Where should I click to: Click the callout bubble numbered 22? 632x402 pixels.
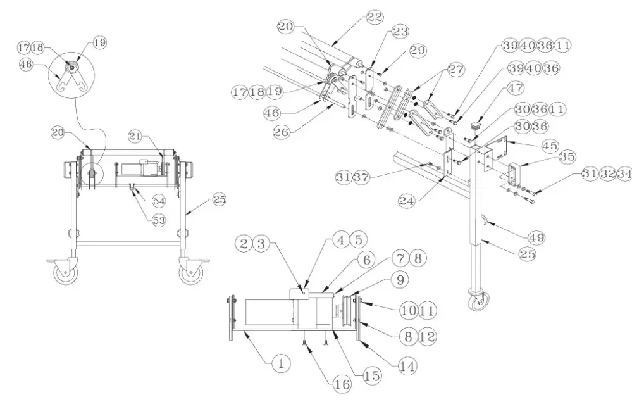pos(375,17)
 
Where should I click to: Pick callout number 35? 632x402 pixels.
pos(567,156)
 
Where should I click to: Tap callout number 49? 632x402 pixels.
pos(538,237)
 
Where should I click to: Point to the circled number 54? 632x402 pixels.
pos(159,201)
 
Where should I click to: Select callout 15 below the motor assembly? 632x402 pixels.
pos(371,375)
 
